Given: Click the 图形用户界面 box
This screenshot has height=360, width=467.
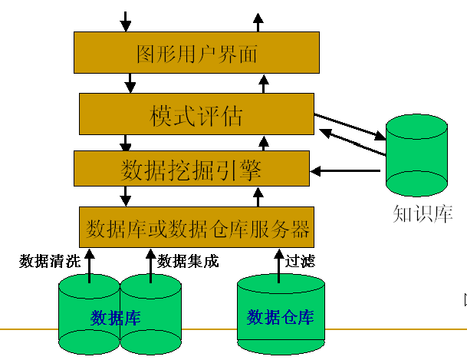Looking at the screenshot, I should click(x=196, y=53).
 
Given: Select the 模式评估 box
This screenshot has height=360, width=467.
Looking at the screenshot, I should click(x=196, y=116).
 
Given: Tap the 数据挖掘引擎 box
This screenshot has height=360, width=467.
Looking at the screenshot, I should click(x=190, y=168).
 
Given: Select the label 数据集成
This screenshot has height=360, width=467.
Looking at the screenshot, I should click(x=188, y=261).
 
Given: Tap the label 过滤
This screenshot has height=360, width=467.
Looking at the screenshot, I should click(x=300, y=261).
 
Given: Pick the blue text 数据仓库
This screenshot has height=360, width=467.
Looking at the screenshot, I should click(x=281, y=317).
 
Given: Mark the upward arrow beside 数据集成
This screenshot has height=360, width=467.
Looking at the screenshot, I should click(x=149, y=263).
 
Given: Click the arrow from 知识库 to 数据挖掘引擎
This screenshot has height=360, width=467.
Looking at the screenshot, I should click(x=345, y=170).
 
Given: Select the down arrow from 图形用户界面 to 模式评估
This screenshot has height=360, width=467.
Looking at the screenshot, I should click(x=130, y=82).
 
